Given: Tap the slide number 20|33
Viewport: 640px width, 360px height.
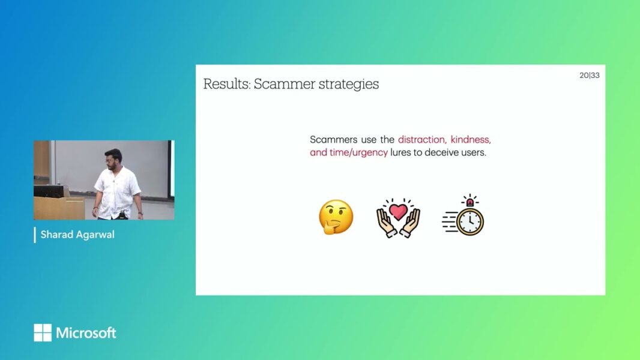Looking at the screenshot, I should (590, 76).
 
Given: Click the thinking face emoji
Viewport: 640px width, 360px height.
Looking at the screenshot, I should (336, 217).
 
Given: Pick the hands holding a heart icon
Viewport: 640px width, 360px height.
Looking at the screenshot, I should (397, 217).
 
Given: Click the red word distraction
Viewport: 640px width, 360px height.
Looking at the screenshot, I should (421, 140).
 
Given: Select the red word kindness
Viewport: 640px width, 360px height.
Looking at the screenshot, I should (471, 140).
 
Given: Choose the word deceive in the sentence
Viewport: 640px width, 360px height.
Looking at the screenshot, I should (445, 152).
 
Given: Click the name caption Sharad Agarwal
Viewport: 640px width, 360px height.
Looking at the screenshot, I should (77, 235).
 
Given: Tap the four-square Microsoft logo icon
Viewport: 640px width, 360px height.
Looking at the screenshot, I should (43, 333).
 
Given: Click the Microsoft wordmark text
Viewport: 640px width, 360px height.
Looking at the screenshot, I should (86, 333).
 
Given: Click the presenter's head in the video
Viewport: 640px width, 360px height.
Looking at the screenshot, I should (113, 158).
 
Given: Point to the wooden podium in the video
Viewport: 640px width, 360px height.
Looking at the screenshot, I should (58, 207).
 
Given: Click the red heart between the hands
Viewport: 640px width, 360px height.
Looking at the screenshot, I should (397, 212).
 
